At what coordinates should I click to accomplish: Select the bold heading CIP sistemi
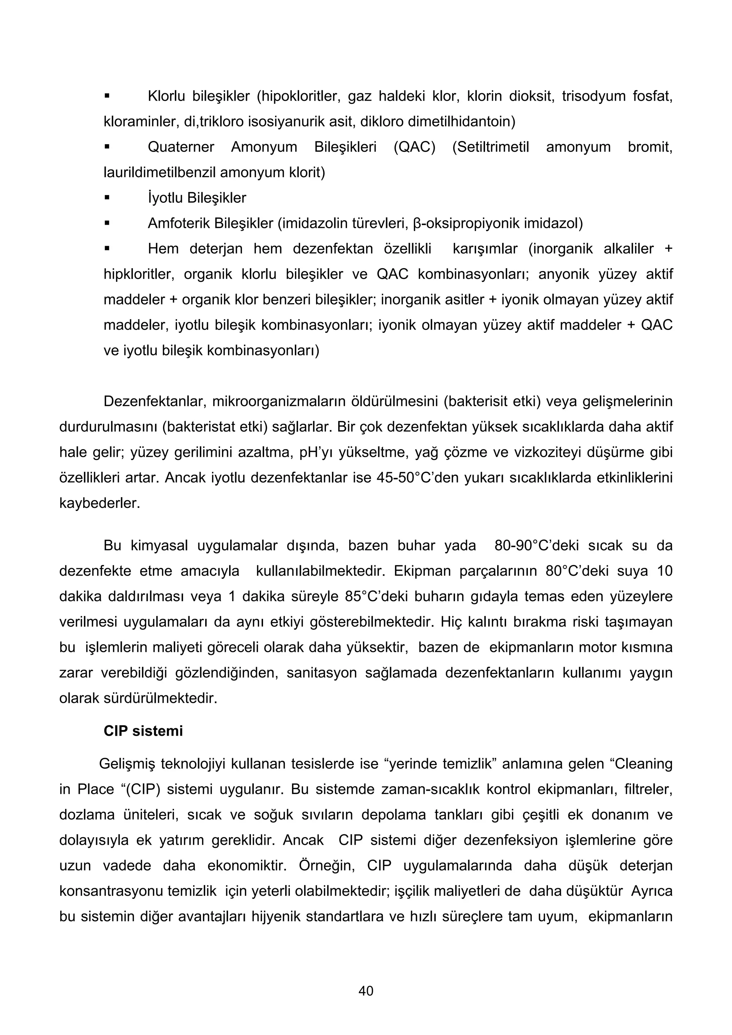pos(143,731)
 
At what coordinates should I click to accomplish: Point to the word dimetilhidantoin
pos(461,122)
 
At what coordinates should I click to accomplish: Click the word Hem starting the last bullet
pos(163,249)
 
